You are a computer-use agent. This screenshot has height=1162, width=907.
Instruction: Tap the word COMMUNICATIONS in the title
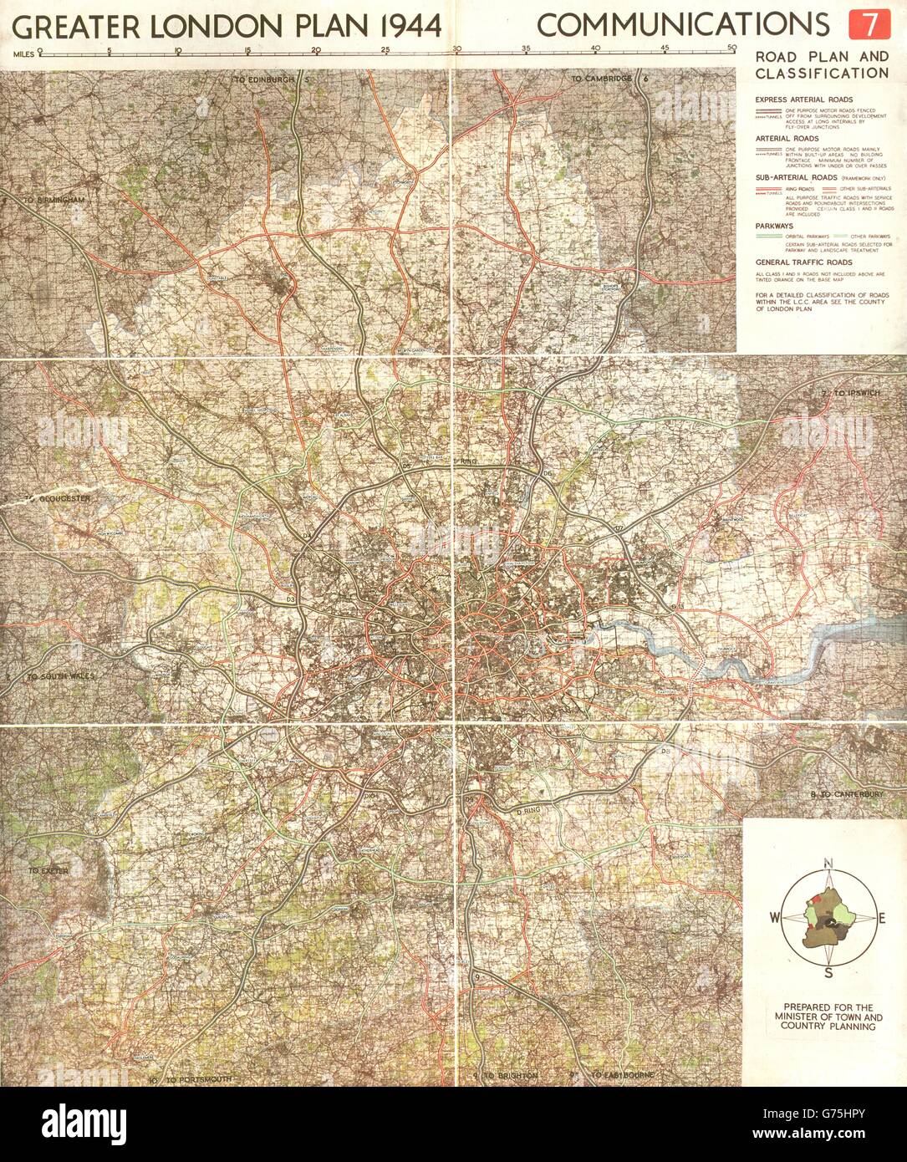click(x=683, y=25)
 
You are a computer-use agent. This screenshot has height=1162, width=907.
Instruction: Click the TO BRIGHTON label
click(x=509, y=1075)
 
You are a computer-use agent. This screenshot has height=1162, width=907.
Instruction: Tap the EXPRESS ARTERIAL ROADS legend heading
click(x=803, y=99)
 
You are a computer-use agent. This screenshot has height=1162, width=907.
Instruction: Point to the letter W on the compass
click(x=774, y=917)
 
